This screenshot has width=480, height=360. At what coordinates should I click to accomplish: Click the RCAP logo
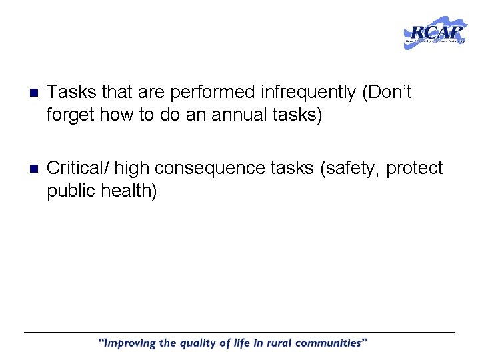435,33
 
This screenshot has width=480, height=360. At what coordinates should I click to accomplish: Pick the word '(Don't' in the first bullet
387,92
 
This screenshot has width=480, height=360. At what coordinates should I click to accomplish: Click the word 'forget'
71,115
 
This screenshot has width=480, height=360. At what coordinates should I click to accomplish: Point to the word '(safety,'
350,169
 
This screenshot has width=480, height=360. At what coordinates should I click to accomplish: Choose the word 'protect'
415,169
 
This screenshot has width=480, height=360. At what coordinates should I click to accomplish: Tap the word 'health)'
133,191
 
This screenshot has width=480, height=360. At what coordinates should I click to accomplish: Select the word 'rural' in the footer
279,344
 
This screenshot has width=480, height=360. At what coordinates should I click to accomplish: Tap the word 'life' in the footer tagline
243,344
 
